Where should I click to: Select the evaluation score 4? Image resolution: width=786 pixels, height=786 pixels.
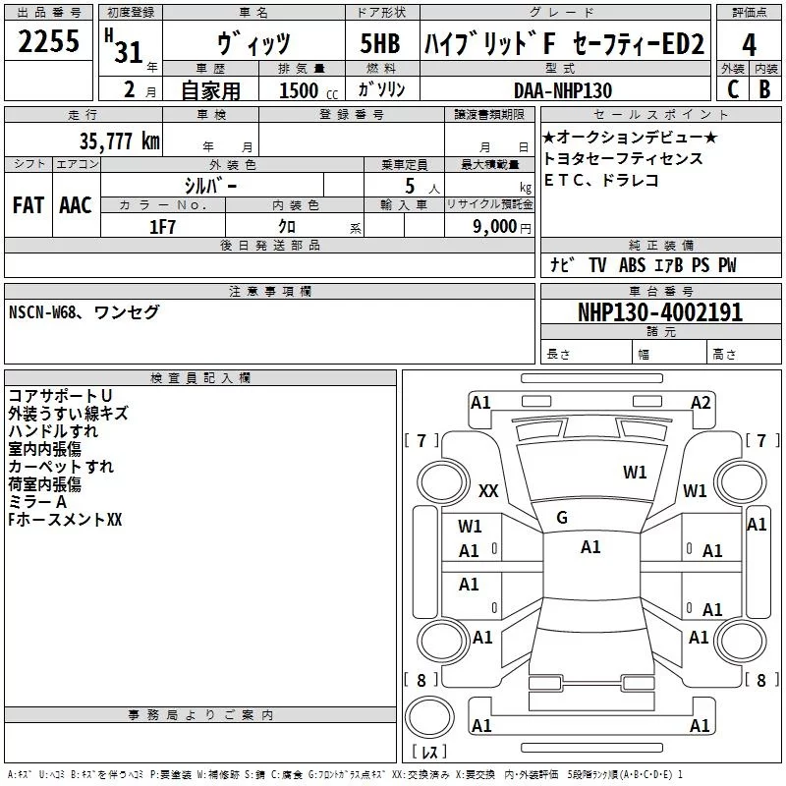point(749,45)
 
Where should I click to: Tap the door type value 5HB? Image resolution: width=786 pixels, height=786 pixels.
point(380,45)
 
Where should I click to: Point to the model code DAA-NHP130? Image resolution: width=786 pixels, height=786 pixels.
point(563,90)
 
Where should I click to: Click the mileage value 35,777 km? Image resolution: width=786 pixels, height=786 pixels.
point(120,141)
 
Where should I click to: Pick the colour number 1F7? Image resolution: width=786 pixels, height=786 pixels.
point(162,227)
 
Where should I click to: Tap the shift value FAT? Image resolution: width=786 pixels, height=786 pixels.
point(28,205)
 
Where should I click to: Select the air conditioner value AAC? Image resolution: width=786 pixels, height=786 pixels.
point(75,205)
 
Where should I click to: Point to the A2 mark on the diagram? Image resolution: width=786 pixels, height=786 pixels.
point(701,402)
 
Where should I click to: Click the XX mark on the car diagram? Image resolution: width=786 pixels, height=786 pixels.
point(488,490)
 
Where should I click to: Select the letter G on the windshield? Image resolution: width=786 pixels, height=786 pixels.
point(562,518)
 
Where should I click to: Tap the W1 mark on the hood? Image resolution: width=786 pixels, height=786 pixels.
point(635,473)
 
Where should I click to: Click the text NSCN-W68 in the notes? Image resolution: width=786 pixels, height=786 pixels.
point(45,312)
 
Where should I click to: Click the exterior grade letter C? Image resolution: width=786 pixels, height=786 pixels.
point(732,90)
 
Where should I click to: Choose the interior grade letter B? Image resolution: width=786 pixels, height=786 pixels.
point(764,90)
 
